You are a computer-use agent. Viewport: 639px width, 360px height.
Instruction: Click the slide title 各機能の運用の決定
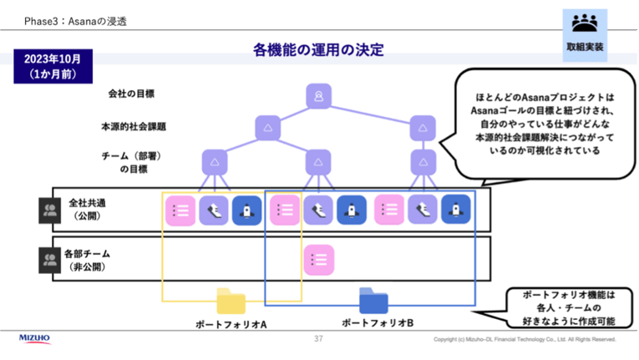tap(318, 50)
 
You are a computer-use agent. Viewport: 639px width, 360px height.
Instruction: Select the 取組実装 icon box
tap(585, 34)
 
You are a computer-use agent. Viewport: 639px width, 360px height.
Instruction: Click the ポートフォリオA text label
tap(231, 323)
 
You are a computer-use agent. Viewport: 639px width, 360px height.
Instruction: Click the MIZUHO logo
tap(34, 338)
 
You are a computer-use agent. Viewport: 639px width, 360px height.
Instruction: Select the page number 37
tap(318, 339)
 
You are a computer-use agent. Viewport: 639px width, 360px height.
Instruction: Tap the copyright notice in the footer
tap(525, 340)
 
